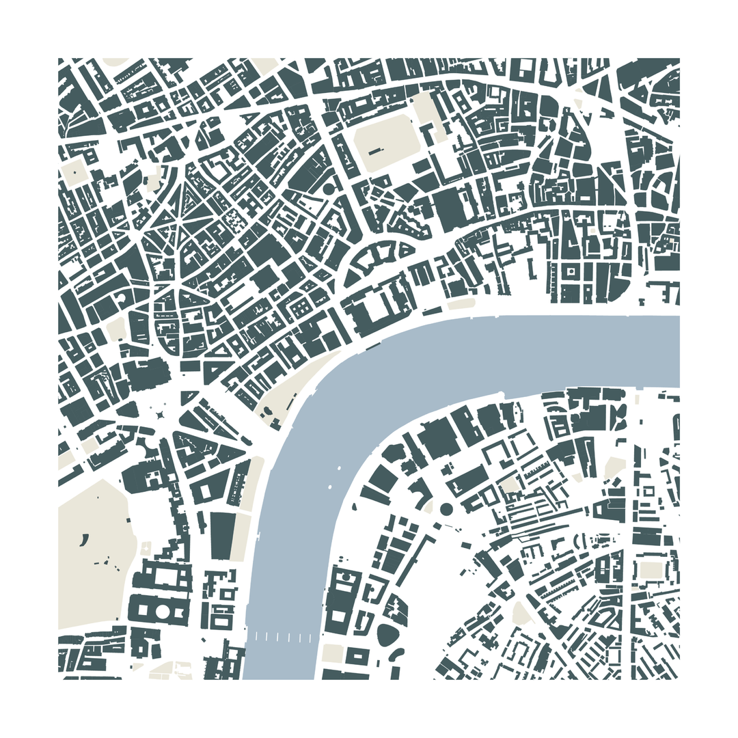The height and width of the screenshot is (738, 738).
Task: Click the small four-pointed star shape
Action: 160,414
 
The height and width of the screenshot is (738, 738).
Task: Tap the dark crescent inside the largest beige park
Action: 84,540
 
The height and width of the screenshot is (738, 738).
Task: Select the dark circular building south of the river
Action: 446,508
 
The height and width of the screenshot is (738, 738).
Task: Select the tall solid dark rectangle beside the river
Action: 222,536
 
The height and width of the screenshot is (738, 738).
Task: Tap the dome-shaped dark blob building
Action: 387,635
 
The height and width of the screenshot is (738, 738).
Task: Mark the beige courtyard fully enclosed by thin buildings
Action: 508,485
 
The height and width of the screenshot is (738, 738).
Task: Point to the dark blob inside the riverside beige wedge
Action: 267,410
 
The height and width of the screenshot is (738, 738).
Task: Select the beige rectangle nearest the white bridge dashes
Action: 333,653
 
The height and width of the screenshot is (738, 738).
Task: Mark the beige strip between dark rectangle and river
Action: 241,536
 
